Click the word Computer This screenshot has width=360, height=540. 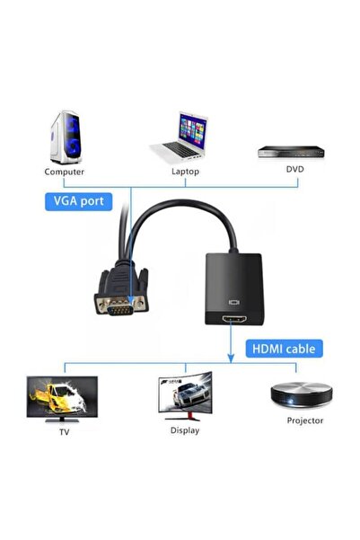coord(65,171)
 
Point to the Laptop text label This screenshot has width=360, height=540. coord(185,171)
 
